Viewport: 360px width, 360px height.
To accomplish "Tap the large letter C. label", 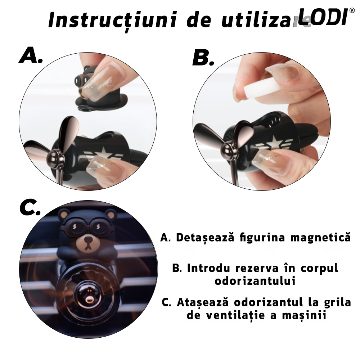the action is pos(30,208).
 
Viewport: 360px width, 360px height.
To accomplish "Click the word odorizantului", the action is pos(255,281).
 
